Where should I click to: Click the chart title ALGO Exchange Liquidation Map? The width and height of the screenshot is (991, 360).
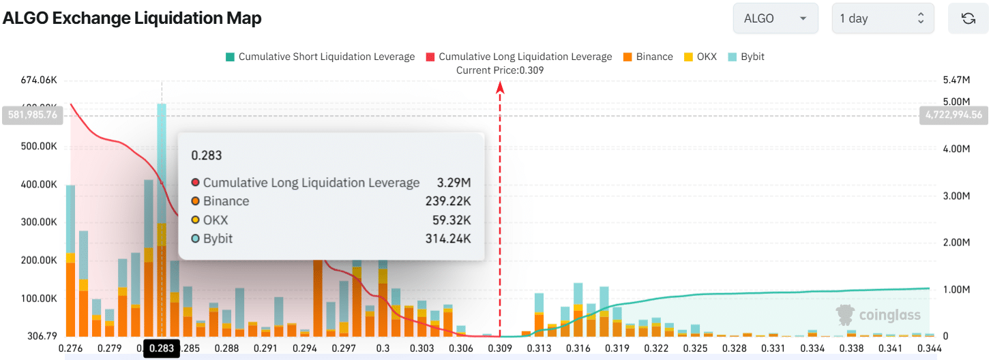132,18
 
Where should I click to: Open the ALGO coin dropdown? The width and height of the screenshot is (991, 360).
775,18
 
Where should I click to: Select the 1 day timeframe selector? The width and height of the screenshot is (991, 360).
883,18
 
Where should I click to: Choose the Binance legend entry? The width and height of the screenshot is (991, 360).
647,57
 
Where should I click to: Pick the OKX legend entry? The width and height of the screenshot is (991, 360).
700,57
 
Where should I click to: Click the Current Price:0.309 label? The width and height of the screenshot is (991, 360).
500,70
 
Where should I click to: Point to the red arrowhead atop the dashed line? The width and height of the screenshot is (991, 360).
500,87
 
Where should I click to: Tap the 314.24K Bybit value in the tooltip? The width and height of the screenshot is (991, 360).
447,239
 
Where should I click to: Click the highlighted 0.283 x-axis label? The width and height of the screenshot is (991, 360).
162,349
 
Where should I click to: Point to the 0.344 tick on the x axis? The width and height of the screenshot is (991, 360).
929,348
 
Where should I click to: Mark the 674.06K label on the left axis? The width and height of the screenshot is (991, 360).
38,80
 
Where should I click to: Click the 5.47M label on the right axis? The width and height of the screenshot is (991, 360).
956,80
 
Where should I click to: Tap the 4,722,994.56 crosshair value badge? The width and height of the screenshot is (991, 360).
954,115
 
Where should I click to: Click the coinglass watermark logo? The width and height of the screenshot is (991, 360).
878,314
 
